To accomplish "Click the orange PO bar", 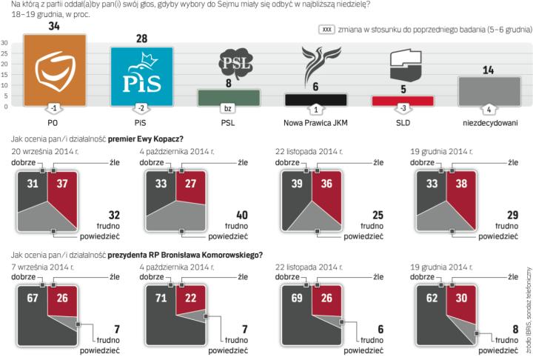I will click(x=55, y=70).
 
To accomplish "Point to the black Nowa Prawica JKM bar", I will click(x=316, y=99).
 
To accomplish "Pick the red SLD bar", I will click(x=402, y=101).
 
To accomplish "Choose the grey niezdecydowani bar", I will click(x=489, y=92).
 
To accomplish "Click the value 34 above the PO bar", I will click(x=55, y=27).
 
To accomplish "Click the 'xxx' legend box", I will click(x=325, y=29).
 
